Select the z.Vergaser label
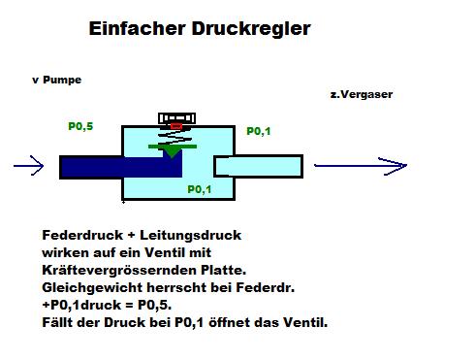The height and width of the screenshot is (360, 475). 361,95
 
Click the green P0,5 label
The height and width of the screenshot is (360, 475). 80,126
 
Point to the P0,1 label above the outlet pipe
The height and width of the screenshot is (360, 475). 259,131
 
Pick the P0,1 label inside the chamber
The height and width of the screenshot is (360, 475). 198,190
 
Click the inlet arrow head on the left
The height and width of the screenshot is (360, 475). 36,166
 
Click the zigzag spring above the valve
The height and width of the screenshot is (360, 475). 174,137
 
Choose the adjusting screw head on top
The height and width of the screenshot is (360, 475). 175,118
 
